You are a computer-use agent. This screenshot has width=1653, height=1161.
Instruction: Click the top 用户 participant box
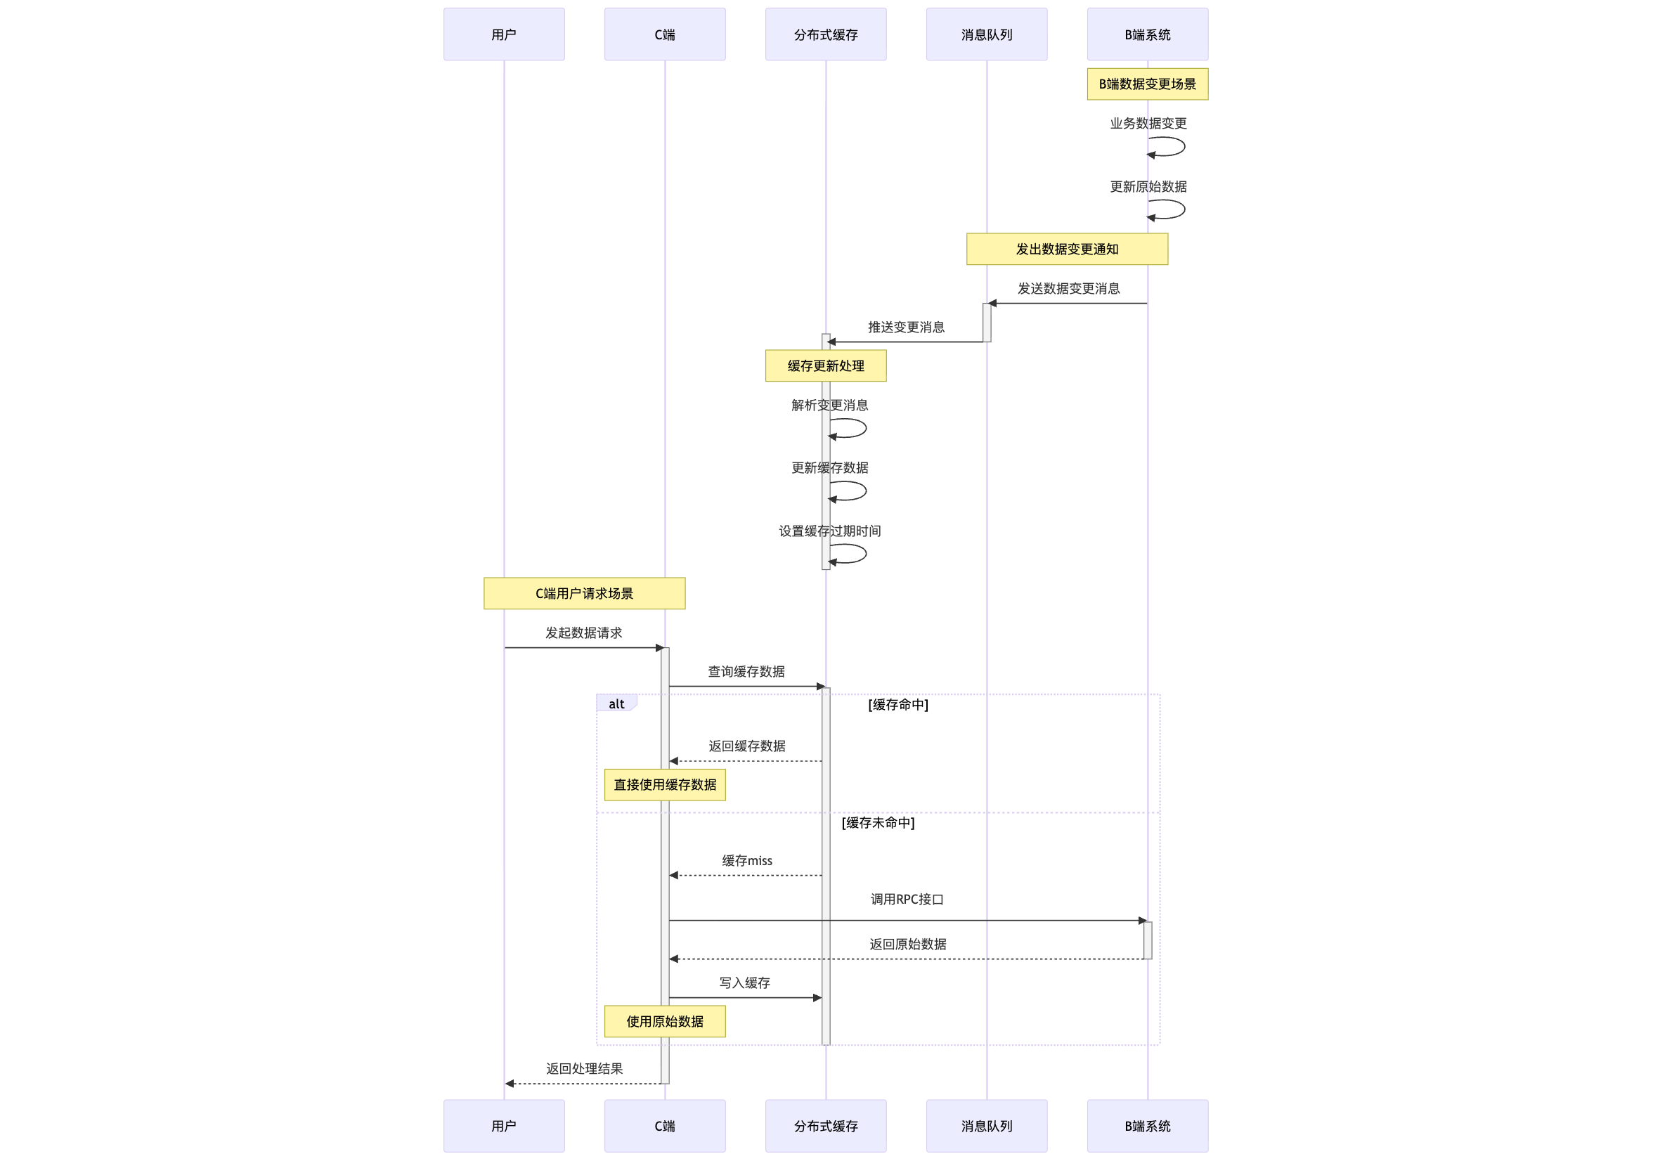[x=504, y=34]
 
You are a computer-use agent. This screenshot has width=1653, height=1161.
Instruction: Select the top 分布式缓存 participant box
[x=826, y=34]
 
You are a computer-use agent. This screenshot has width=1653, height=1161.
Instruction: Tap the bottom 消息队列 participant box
[x=986, y=1126]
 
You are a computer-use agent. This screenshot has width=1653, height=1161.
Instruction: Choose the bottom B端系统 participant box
[x=1148, y=1126]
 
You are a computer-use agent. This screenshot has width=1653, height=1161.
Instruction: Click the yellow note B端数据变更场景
[x=1148, y=84]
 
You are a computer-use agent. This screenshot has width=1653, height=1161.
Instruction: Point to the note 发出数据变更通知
[x=1067, y=249]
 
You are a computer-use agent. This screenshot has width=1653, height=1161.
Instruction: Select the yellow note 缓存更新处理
[x=826, y=365]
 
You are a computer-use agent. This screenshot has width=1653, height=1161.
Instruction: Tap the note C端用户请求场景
[x=585, y=593]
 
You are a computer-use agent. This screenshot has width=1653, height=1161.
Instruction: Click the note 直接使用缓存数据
[x=665, y=784]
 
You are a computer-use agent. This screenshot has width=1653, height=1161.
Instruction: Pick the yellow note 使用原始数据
[x=665, y=1021]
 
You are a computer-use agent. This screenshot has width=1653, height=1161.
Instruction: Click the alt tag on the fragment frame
[x=616, y=704]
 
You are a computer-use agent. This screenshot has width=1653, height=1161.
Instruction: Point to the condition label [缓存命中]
[x=897, y=705]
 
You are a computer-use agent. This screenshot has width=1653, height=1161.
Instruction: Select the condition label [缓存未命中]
[x=878, y=823]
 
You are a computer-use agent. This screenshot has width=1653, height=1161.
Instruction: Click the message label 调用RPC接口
[x=907, y=899]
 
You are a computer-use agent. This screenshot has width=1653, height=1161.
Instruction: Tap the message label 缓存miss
[x=746, y=861]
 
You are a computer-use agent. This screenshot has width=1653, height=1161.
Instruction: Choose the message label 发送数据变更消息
[x=1068, y=289]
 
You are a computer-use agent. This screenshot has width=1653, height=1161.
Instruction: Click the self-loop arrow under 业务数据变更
[x=1168, y=147]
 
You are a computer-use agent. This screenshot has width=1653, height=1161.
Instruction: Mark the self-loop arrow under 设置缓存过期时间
[x=850, y=554]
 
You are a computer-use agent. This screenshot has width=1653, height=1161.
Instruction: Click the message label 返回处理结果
[x=584, y=1069]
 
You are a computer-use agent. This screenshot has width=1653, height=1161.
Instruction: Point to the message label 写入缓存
[x=744, y=983]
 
